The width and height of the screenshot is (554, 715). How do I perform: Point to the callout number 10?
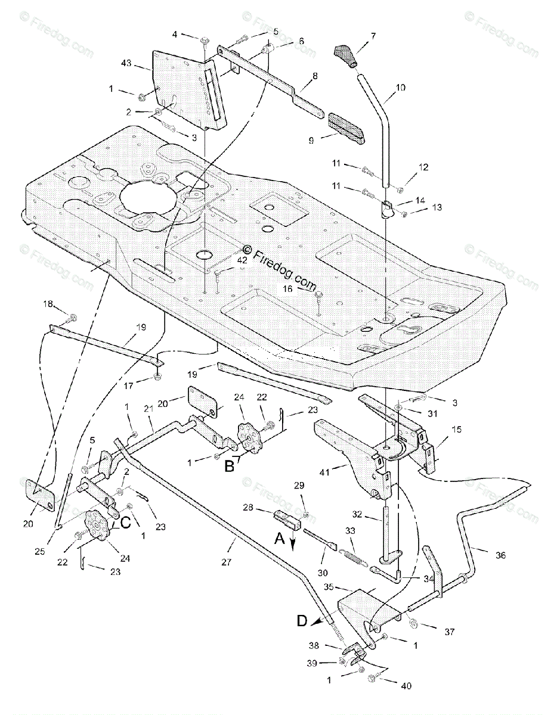(x=400, y=88)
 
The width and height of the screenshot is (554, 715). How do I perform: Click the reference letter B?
(x=230, y=467)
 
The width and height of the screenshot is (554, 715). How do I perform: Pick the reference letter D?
(x=302, y=621)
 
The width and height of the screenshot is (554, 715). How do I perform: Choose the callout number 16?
(x=287, y=288)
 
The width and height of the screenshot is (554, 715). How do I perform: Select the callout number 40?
(x=406, y=686)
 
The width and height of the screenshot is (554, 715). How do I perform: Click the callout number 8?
(x=314, y=76)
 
